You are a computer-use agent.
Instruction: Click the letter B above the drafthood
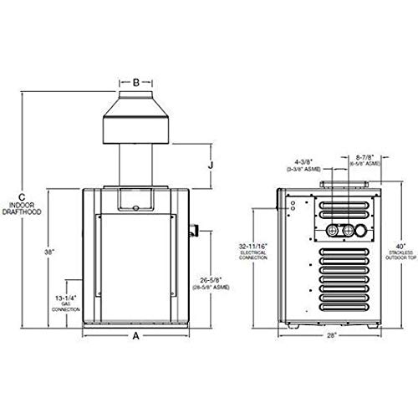coord(135,83)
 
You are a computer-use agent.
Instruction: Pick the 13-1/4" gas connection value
coord(52,297)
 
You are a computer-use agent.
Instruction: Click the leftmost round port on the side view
coord(329,229)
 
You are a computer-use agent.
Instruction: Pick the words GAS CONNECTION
coord(52,308)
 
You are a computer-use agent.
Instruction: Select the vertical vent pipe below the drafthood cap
coord(135,163)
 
